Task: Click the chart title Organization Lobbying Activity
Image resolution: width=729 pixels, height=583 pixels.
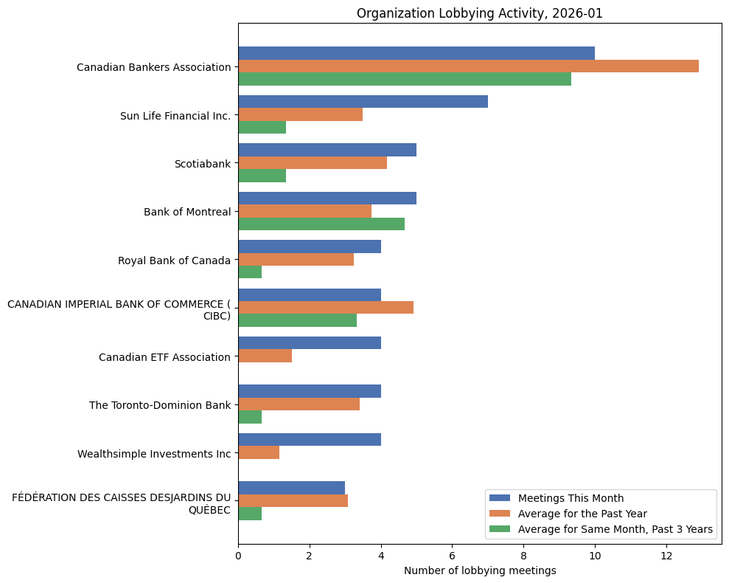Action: pos(479,13)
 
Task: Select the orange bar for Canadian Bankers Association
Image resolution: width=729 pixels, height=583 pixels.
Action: pos(468,66)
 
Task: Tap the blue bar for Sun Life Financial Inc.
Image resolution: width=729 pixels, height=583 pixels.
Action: pos(363,102)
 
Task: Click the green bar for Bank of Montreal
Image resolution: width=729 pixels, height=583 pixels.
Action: pos(321,224)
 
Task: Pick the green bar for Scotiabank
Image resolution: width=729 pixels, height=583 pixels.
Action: pos(262,176)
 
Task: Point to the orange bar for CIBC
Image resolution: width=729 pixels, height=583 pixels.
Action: pos(326,308)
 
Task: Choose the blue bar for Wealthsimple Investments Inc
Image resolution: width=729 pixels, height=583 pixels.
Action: pos(310,440)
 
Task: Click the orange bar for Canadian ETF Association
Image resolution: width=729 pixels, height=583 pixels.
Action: pos(265,356)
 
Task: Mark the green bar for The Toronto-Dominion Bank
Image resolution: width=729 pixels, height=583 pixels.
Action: pos(250,417)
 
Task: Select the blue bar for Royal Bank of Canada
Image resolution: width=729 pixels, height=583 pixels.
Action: pos(310,246)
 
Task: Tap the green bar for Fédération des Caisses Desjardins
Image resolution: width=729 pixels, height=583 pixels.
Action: pos(250,514)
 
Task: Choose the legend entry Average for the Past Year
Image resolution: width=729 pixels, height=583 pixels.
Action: pos(582,513)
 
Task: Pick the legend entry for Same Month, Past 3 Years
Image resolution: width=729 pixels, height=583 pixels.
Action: pos(615,529)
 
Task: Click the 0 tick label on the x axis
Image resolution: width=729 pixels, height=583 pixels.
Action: pos(238,555)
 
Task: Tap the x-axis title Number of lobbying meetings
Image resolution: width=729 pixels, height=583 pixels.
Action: pos(479,570)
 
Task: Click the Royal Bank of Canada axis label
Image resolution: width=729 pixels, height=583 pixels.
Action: pos(174,261)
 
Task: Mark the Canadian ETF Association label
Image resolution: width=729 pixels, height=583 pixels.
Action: pos(164,357)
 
